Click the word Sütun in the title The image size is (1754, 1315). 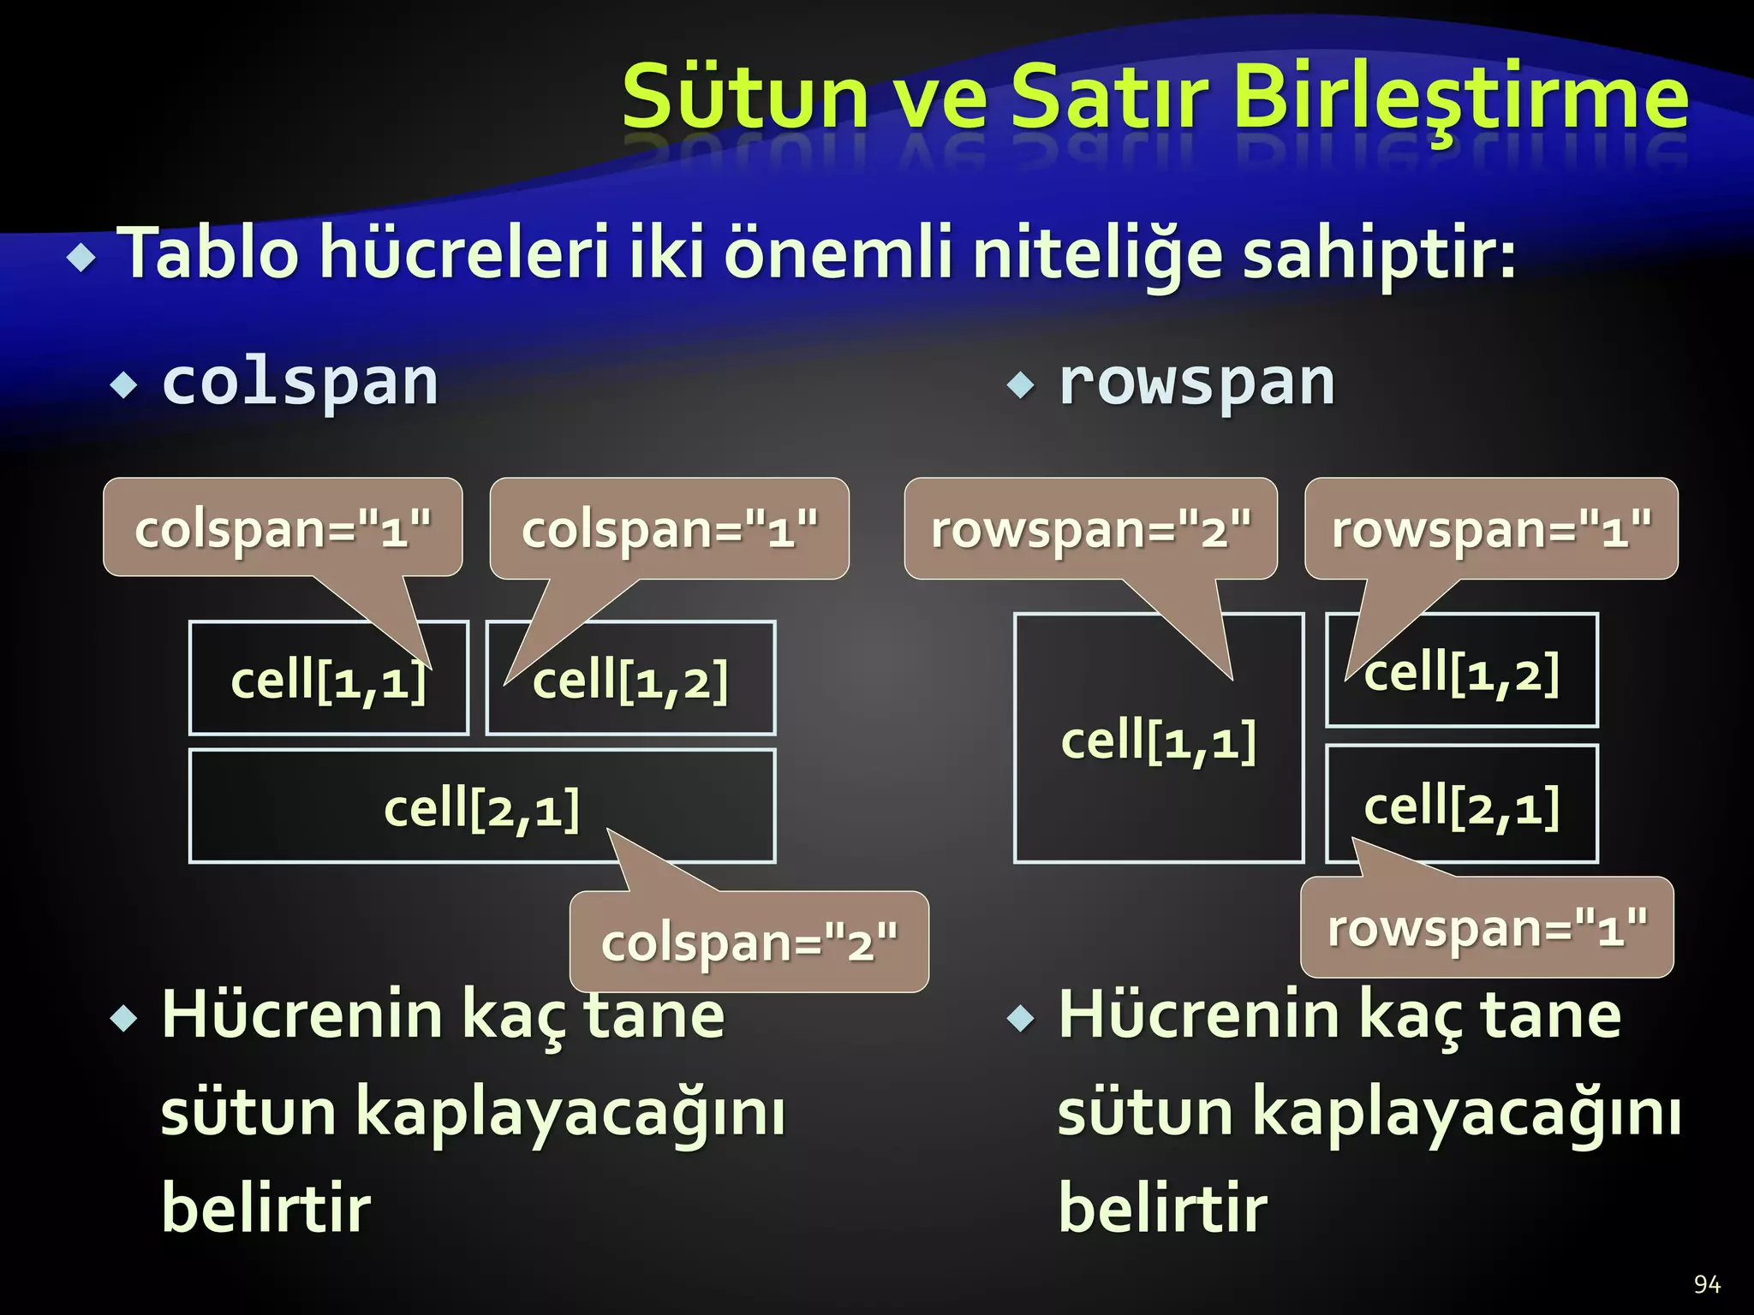coord(745,97)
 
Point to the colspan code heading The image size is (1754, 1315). coord(300,383)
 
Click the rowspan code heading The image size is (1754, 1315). coord(1196,383)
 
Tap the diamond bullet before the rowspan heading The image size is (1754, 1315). coord(1020,384)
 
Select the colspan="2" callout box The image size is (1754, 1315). coord(749,943)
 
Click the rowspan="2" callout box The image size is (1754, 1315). coord(1090,529)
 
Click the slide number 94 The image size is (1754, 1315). coord(1706,1284)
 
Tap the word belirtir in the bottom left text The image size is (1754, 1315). coord(266,1208)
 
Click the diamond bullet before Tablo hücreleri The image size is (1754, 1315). coord(82,257)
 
